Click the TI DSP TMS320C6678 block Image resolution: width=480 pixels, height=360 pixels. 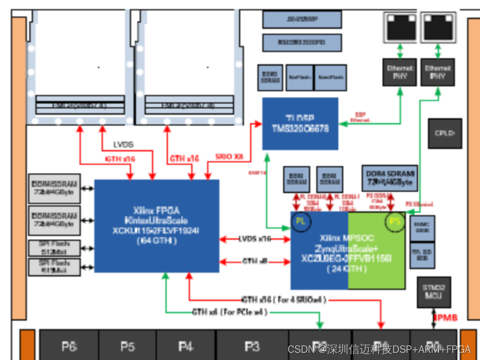(x=300, y=124)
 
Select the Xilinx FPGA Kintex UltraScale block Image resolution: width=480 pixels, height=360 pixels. (x=157, y=225)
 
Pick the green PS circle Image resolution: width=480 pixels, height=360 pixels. (x=394, y=221)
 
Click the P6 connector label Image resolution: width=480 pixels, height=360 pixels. (x=69, y=346)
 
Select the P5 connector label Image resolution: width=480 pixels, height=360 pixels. (x=127, y=346)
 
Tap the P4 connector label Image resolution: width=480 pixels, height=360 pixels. (x=186, y=346)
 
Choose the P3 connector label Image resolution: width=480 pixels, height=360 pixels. (x=252, y=346)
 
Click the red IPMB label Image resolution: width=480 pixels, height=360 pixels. (x=445, y=317)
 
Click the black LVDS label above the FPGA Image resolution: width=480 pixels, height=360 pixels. (x=123, y=145)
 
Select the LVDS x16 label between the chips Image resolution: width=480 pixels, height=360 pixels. (x=254, y=239)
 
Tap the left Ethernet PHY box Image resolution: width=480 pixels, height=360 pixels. (x=400, y=72)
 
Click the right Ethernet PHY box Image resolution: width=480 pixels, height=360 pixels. (x=438, y=72)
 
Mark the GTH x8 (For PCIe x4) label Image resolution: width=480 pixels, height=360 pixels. (x=229, y=312)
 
